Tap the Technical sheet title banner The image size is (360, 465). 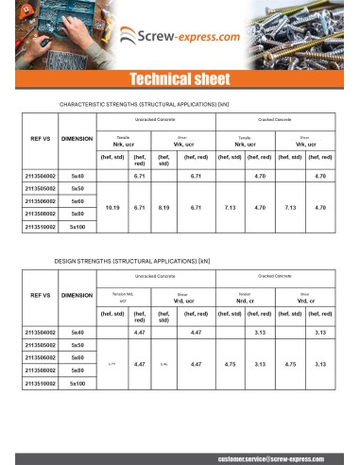[x=180, y=77]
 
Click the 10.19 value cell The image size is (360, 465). [x=112, y=206]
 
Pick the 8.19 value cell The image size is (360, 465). [x=163, y=206]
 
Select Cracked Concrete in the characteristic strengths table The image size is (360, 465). [x=275, y=119]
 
